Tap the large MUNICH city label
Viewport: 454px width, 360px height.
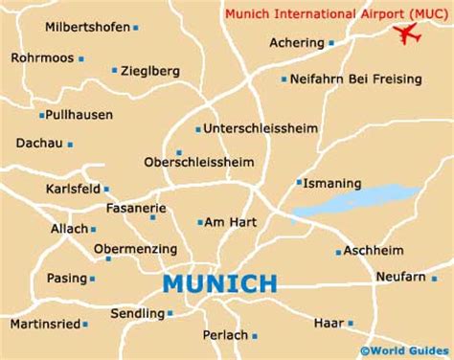pyautogui.click(x=219, y=283)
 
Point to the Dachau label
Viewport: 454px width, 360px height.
pyautogui.click(x=37, y=144)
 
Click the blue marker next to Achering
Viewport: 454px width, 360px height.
pyautogui.click(x=331, y=43)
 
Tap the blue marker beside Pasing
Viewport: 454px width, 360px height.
pyautogui.click(x=93, y=279)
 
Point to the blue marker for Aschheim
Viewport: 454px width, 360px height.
pyautogui.click(x=338, y=253)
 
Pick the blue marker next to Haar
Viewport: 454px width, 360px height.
pyautogui.click(x=350, y=324)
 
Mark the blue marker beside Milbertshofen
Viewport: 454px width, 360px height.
pyautogui.click(x=136, y=28)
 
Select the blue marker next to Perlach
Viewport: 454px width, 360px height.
pyautogui.click(x=255, y=335)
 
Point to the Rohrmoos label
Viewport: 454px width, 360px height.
pyautogui.click(x=41, y=57)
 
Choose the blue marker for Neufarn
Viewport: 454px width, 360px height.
pyautogui.click(x=434, y=278)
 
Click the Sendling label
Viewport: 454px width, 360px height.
pyautogui.click(x=137, y=312)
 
